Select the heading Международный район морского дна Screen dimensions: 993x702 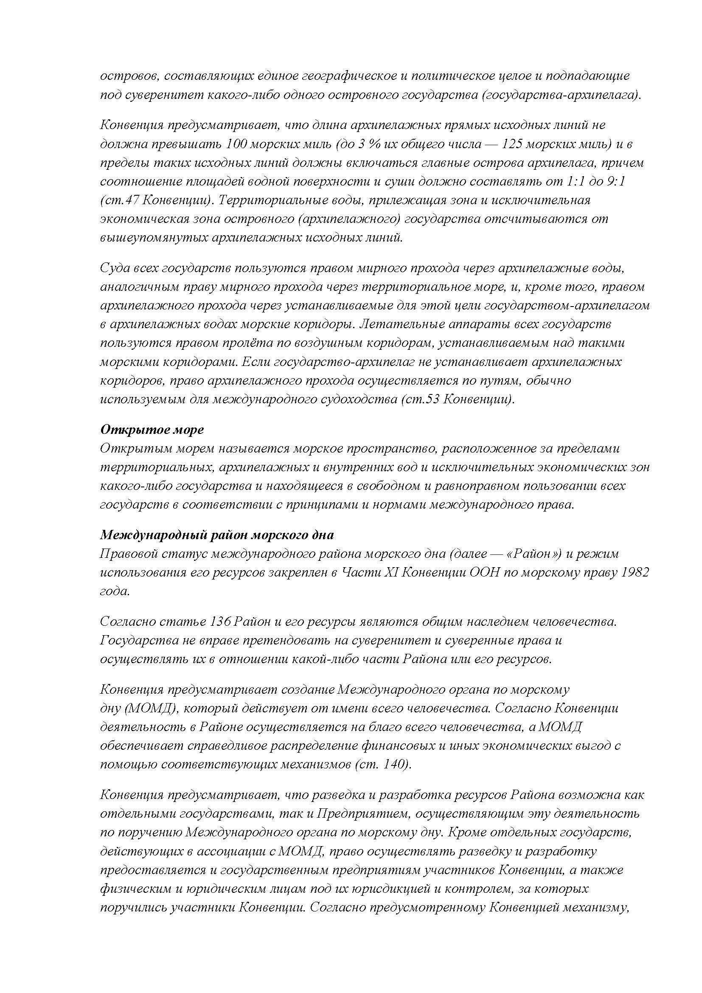[x=217, y=535]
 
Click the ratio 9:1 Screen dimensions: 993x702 [x=616, y=182]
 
